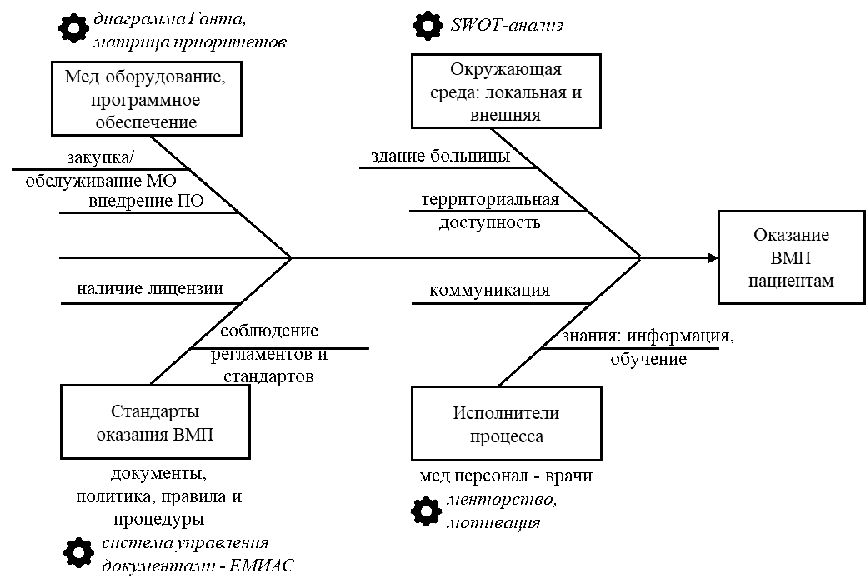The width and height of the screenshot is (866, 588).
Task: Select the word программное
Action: [147, 100]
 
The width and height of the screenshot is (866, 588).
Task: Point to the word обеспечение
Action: [147, 122]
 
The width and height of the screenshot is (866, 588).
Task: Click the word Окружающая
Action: [506, 70]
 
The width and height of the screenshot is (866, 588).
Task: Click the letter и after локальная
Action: [577, 92]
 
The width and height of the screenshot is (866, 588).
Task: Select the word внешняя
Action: [506, 115]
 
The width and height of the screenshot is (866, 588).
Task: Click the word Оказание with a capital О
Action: [791, 236]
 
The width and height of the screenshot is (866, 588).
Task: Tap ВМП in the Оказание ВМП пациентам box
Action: [791, 258]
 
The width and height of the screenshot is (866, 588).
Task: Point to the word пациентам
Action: [791, 281]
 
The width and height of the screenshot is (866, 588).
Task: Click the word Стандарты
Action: [155, 411]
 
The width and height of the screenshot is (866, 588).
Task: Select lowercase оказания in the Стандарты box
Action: [133, 434]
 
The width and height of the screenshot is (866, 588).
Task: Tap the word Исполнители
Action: [506, 413]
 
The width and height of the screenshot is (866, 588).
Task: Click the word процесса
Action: [506, 436]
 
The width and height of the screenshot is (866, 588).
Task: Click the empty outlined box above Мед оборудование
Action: [190, 29]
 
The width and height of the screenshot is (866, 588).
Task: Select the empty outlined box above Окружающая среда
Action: [548, 23]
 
